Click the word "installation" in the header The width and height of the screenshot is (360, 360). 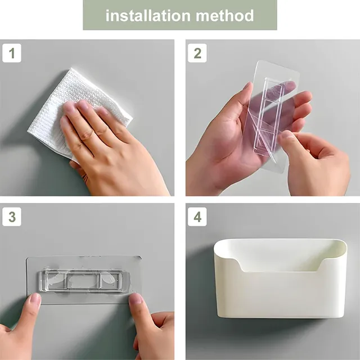(x=148, y=16)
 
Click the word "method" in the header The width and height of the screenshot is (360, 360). (x=225, y=16)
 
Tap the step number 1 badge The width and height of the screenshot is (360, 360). (x=12, y=53)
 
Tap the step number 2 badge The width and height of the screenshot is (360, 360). (x=197, y=53)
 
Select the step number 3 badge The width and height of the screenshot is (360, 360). (x=12, y=217)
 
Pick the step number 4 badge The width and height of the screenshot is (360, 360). (x=197, y=217)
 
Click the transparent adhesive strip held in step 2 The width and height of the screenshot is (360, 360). (x=271, y=115)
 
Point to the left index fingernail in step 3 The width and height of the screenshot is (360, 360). (x=35, y=299)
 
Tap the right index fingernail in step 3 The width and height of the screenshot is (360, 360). (x=136, y=299)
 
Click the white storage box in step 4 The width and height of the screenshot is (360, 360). (x=280, y=278)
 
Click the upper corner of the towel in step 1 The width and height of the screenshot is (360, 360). (x=72, y=69)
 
